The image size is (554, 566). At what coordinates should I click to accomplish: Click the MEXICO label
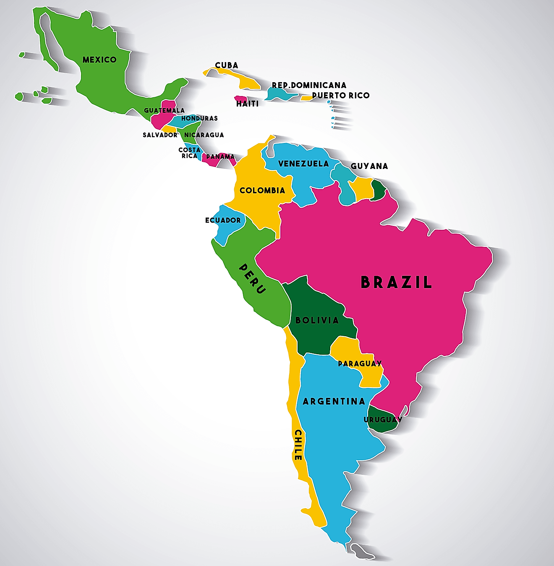99,60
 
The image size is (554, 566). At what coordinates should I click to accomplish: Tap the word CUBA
227,65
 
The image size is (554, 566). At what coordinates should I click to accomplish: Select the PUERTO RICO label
341,96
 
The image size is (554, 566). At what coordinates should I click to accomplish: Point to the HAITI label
248,104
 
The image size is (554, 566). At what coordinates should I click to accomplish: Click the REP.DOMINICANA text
309,86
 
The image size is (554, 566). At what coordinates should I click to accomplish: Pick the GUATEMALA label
164,111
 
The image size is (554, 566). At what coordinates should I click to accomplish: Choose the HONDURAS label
199,119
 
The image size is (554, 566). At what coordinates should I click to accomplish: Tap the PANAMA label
220,157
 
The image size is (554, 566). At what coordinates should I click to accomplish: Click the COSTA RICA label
189,153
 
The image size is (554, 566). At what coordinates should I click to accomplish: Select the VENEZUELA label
303,164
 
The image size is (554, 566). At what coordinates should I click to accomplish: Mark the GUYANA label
369,166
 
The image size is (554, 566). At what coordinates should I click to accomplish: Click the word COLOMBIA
262,191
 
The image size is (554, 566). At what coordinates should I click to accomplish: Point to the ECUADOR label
223,221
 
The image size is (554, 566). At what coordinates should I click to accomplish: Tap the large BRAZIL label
396,283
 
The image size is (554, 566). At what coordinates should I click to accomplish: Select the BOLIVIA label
317,321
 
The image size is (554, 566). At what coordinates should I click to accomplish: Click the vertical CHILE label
298,444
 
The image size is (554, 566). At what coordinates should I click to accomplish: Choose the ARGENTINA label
334,402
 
